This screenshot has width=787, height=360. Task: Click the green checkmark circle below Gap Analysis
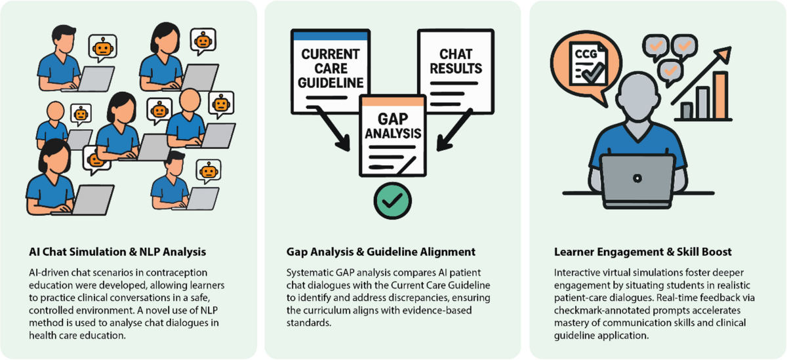pyautogui.click(x=392, y=200)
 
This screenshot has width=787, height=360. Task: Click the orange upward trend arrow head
pyautogui.click(x=725, y=52)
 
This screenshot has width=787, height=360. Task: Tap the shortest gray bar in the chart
pyautogui.click(x=686, y=111)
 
